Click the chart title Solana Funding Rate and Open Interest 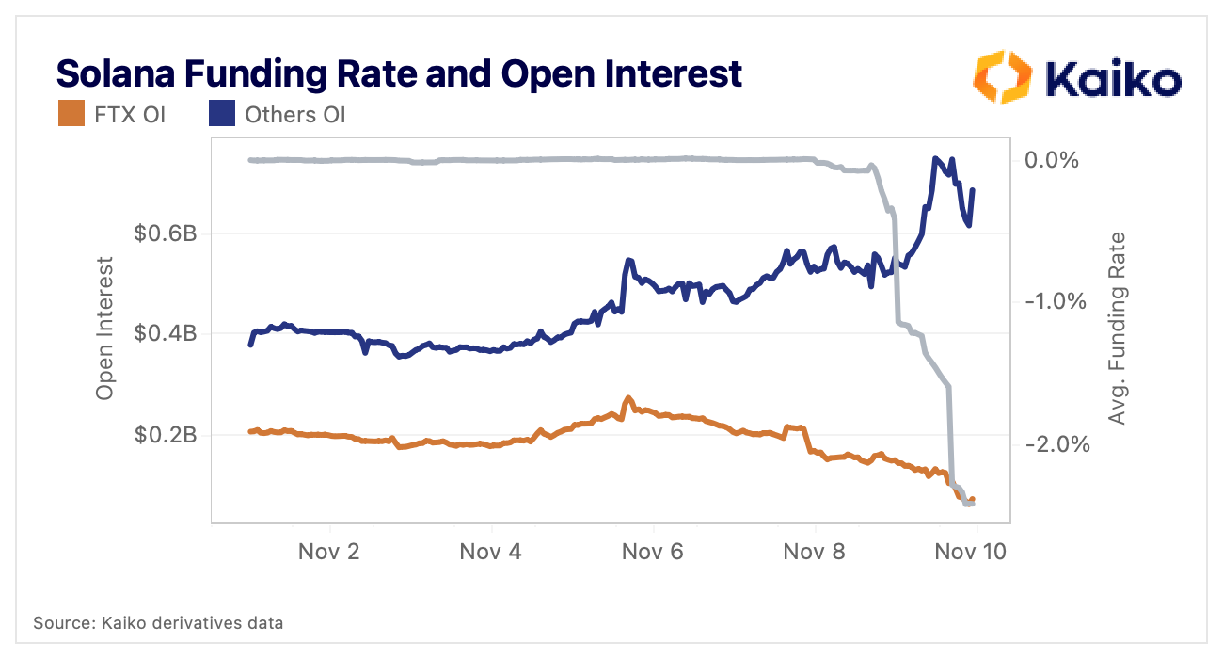(x=400, y=72)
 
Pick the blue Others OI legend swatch (x=221, y=115)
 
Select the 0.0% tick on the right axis (x=1051, y=160)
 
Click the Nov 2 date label (x=329, y=552)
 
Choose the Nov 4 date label (x=490, y=552)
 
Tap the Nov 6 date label (x=652, y=552)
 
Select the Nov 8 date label (x=814, y=552)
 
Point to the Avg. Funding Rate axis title (x=1117, y=328)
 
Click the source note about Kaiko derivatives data (x=158, y=622)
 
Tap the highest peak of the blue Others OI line (x=936, y=158)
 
